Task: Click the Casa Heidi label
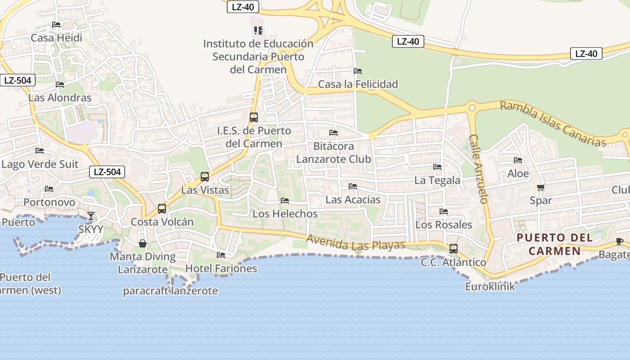[56, 38]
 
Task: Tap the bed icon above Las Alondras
[59, 85]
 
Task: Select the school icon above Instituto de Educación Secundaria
[258, 30]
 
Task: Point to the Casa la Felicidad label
[358, 84]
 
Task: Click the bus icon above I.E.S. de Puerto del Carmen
[254, 117]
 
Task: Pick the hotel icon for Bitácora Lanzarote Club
[333, 133]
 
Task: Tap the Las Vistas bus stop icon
[205, 177]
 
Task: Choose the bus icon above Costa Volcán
[162, 209]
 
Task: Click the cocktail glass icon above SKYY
[91, 216]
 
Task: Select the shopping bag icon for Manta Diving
[143, 243]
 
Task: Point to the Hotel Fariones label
[221, 269]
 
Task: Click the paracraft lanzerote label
[170, 291]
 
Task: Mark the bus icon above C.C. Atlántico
[454, 249]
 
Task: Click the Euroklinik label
[490, 286]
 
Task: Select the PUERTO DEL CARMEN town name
[554, 244]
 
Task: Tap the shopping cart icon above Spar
[540, 187]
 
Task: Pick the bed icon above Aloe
[518, 160]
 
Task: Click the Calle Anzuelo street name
[478, 169]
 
